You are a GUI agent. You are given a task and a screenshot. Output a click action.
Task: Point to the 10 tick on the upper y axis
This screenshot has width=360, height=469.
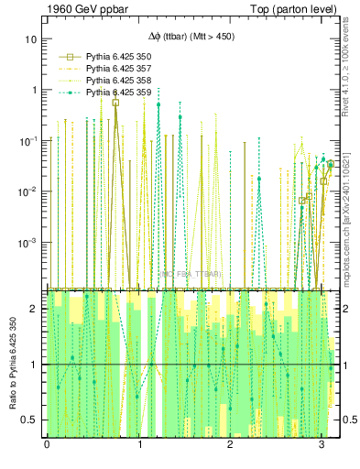(31, 40)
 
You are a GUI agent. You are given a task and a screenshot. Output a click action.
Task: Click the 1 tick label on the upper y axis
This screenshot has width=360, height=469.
(34, 91)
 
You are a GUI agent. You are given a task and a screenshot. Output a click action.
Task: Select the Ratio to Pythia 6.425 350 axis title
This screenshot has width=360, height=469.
(12, 361)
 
